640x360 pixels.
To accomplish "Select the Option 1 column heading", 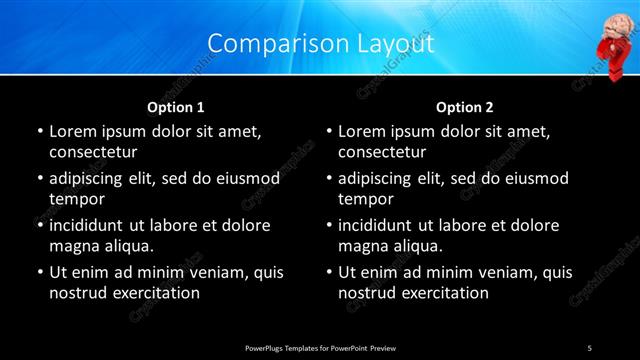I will pos(176,106).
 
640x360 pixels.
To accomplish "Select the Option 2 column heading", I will pos(465,106).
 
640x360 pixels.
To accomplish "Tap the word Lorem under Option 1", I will pos(74,131).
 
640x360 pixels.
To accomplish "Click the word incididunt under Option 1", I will pos(91,225).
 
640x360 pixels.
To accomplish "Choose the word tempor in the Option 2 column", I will pos(366,199).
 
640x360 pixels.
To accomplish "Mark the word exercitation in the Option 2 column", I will pos(442,293).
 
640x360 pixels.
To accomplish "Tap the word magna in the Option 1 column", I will pos(72,246).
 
